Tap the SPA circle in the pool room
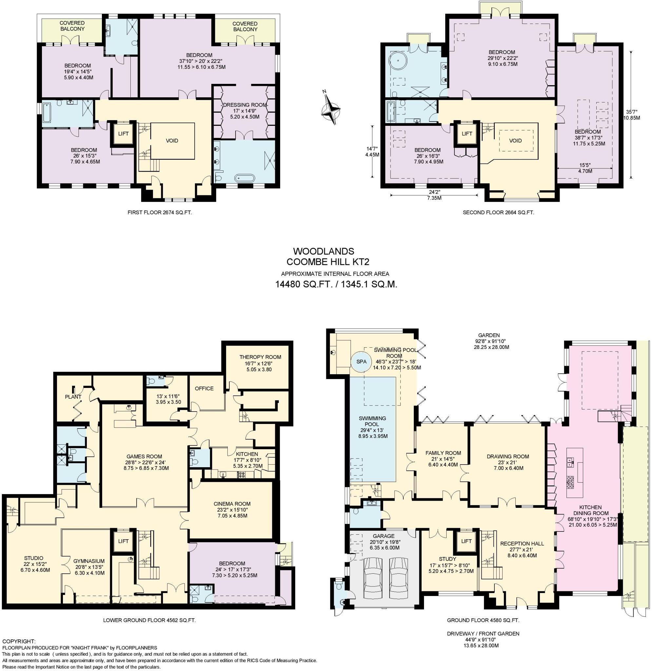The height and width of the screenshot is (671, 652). click(x=361, y=362)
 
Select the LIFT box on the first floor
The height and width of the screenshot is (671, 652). click(x=123, y=134)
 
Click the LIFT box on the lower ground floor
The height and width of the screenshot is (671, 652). click(x=123, y=541)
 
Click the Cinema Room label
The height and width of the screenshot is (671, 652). click(x=232, y=504)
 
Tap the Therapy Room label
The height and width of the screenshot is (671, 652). click(x=260, y=357)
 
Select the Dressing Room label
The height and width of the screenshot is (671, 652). click(x=244, y=105)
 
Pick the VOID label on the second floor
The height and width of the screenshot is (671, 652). click(x=515, y=141)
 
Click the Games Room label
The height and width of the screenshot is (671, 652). click(x=144, y=456)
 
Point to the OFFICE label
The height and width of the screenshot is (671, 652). click(x=204, y=389)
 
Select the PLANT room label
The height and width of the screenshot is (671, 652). click(x=73, y=397)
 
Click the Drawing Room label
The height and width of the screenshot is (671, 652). click(x=508, y=456)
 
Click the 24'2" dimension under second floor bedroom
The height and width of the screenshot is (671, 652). click(x=434, y=192)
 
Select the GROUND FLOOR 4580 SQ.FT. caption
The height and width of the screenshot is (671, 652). click(x=483, y=620)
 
